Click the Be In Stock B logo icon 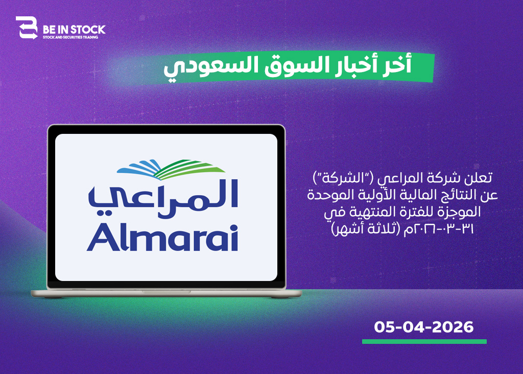pos(27,28)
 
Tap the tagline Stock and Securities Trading pos(70,37)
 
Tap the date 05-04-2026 pos(423,327)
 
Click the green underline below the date pos(424,341)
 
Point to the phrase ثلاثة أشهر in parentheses pos(367,229)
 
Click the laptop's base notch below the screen pos(166,292)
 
